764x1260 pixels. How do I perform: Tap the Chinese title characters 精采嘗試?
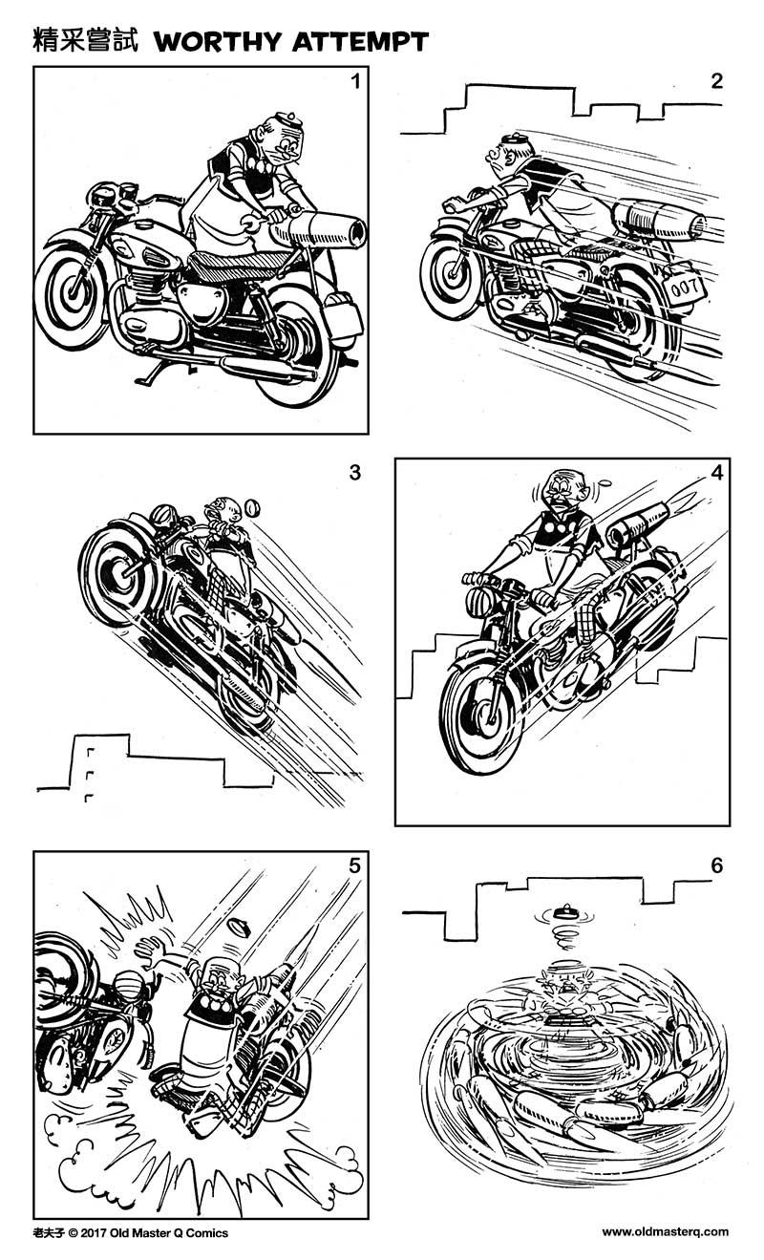[86, 41]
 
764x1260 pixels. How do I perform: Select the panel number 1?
[355, 81]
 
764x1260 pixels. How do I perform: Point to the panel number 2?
[717, 81]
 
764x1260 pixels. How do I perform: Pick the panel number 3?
[355, 473]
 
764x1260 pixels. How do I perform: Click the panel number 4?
[716, 473]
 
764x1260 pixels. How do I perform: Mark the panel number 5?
[354, 865]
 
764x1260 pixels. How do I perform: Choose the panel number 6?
[717, 865]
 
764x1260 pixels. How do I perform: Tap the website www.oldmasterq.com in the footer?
[665, 1232]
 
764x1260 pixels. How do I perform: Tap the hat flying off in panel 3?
[253, 507]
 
